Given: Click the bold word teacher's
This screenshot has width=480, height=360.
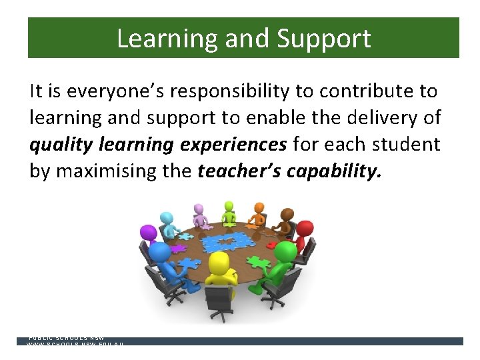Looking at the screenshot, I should (x=239, y=171).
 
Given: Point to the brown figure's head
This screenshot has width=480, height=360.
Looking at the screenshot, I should (x=287, y=215).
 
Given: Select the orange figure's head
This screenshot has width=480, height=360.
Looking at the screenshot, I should (x=259, y=207).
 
